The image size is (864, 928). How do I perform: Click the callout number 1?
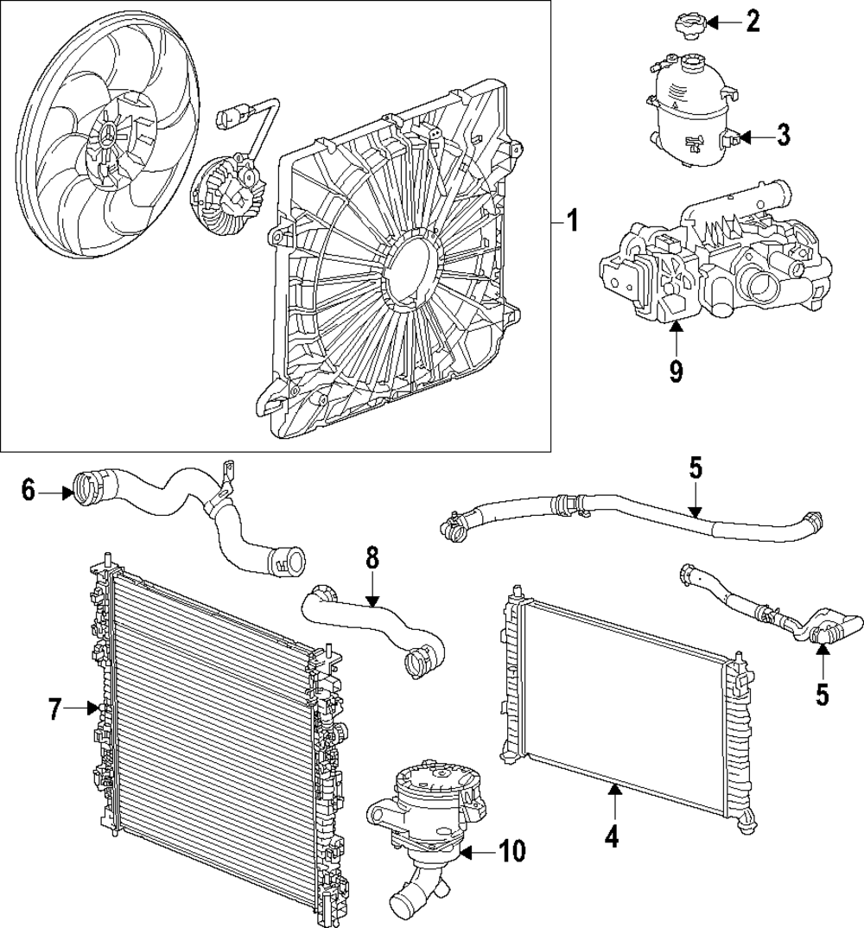tap(571, 222)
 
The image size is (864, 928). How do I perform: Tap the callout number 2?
tap(753, 22)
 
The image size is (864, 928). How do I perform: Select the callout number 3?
tap(783, 136)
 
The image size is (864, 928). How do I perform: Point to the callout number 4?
tap(613, 837)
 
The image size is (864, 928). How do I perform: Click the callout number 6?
tap(29, 492)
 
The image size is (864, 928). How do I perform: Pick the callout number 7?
tap(55, 709)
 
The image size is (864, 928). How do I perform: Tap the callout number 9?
tap(676, 372)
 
